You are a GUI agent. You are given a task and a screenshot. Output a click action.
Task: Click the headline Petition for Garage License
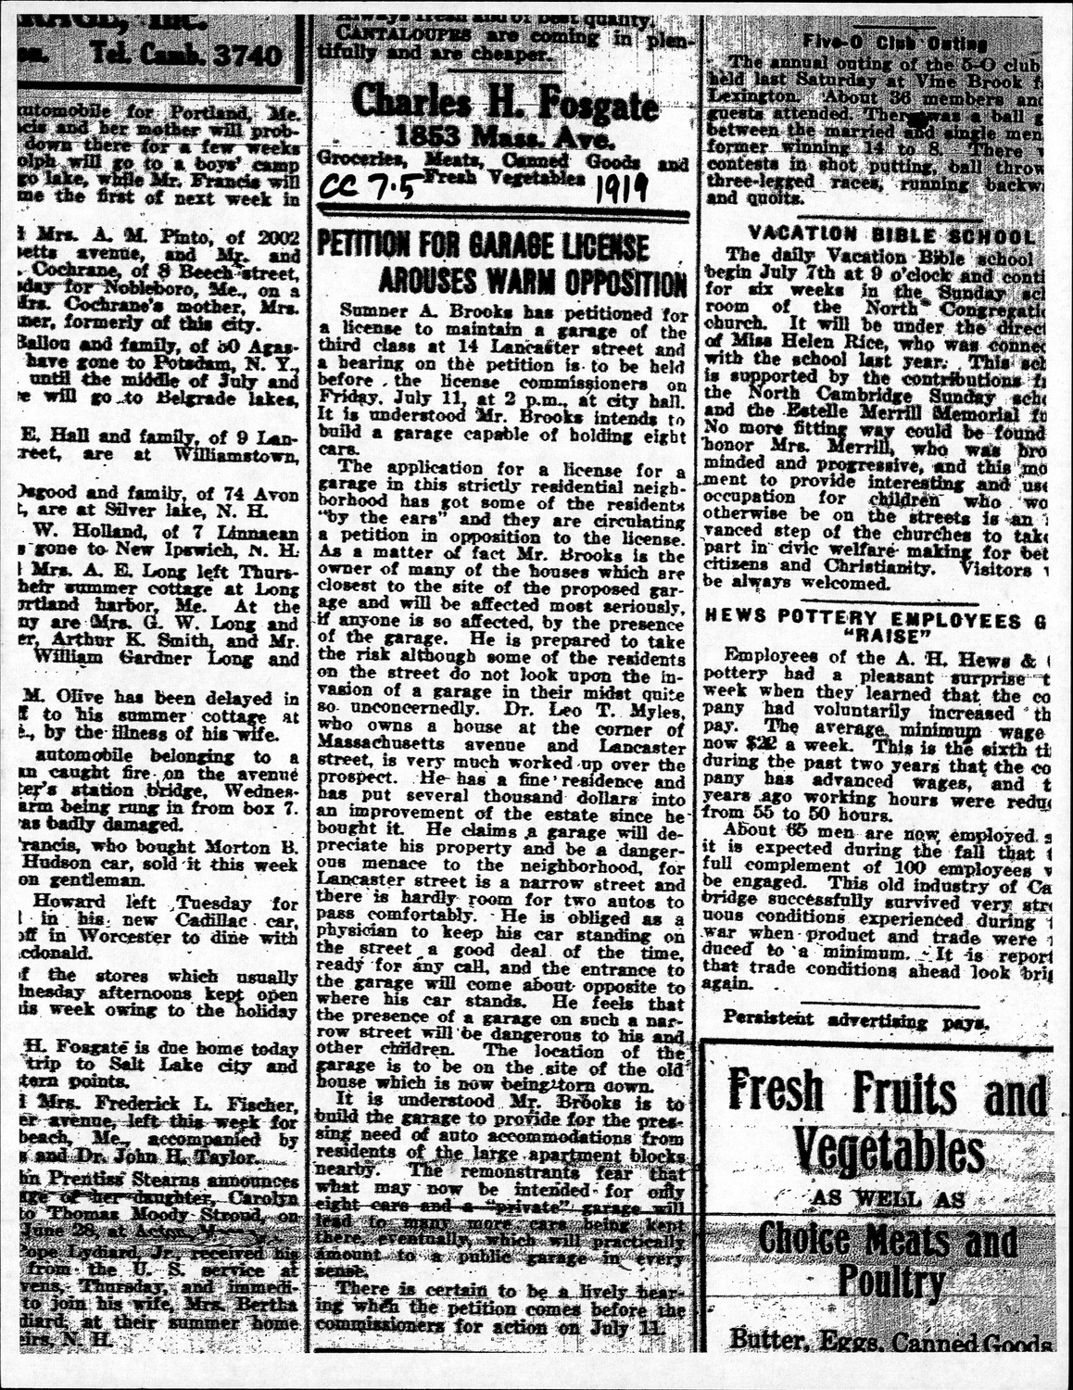click(483, 246)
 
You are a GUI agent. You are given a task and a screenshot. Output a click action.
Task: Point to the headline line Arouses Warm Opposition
click(532, 281)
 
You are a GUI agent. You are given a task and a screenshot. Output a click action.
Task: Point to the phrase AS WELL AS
click(889, 1198)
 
